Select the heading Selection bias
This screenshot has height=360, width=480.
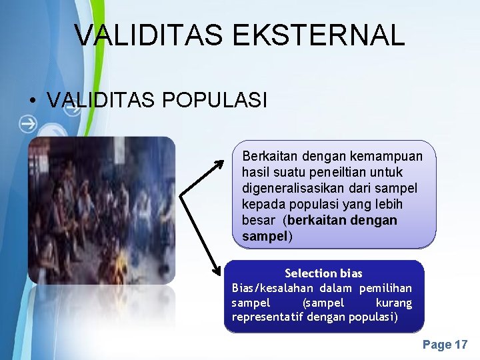(323, 273)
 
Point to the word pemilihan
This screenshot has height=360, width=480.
(385, 288)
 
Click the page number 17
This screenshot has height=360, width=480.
(461, 345)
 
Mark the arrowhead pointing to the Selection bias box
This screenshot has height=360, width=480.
(218, 272)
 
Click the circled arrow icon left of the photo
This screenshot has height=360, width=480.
(28, 123)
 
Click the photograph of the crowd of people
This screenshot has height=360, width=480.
(101, 210)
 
